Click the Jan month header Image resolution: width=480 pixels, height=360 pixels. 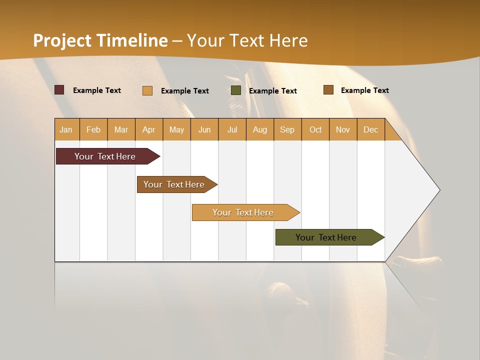coord(66,129)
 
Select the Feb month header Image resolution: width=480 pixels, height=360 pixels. coord(93,129)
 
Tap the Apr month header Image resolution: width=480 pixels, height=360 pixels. coord(148,129)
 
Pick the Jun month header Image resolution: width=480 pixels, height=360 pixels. coord(204,129)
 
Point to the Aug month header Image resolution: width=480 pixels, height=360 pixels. coord(259,129)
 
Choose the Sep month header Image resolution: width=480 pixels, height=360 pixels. coord(287,129)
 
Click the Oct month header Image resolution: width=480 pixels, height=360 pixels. coord(315,129)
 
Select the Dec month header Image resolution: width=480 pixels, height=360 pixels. coord(370,129)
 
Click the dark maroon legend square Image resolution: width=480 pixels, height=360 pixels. coord(59,90)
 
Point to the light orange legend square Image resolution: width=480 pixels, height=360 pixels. coord(147,90)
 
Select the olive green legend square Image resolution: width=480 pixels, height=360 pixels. coord(236,90)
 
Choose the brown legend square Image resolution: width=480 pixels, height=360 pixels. coord(328,90)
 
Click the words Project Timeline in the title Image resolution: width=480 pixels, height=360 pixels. coord(100,40)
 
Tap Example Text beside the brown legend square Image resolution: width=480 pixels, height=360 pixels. coord(364,90)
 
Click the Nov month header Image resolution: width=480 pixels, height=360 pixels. coord(342,129)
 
